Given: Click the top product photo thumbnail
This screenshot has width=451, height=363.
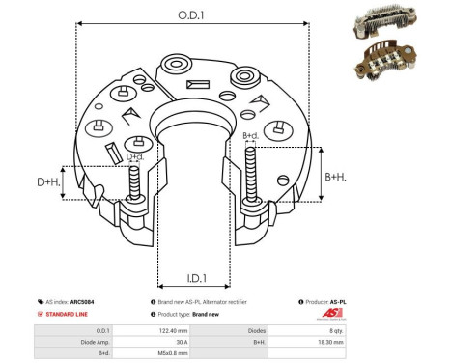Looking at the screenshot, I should [396, 18].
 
